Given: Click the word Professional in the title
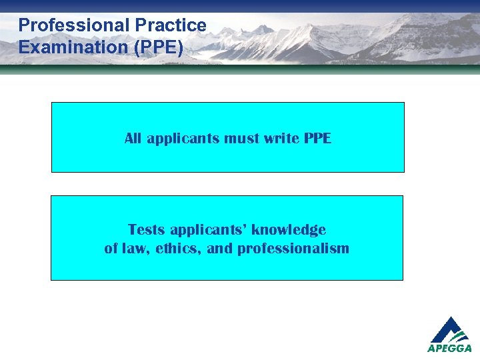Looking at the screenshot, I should coord(74,25).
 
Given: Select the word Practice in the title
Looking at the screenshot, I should coord(171,25).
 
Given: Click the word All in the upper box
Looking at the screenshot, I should coord(133,139).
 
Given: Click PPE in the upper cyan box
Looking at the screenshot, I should coord(317,139).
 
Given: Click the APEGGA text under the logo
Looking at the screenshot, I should coord(449,348).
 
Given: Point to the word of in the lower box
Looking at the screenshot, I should coord(111,249).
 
